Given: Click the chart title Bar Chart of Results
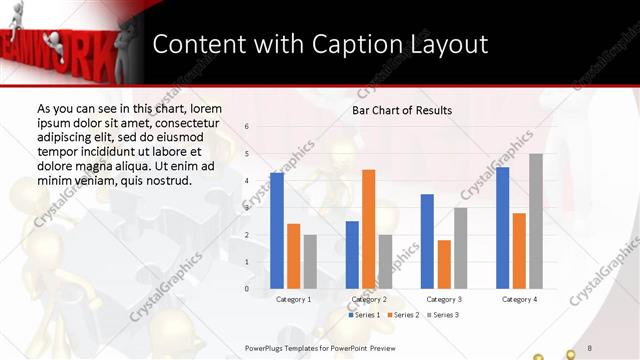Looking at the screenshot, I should (402, 110).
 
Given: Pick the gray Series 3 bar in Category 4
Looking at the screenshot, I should (536, 221).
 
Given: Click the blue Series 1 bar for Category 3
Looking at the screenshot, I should (427, 241).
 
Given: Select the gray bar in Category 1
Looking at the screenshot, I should (310, 261).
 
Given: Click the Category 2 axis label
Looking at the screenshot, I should (368, 299).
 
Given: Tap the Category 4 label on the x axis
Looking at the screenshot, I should (519, 299).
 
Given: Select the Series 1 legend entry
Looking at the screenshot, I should (365, 316).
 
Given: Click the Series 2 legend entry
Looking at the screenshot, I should (403, 316).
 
